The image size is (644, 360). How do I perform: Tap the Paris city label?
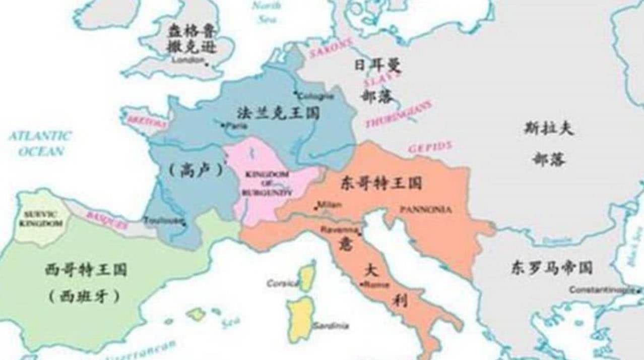click(x=236, y=126)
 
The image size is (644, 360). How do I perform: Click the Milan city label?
click(x=330, y=205)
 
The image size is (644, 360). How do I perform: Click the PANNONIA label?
click(x=425, y=209)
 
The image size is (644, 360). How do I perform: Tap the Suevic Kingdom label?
click(x=43, y=218)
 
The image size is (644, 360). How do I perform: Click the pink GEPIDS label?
click(x=429, y=147)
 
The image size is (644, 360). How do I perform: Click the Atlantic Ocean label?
click(x=40, y=143)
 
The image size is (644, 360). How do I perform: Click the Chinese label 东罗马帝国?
click(x=551, y=267)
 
